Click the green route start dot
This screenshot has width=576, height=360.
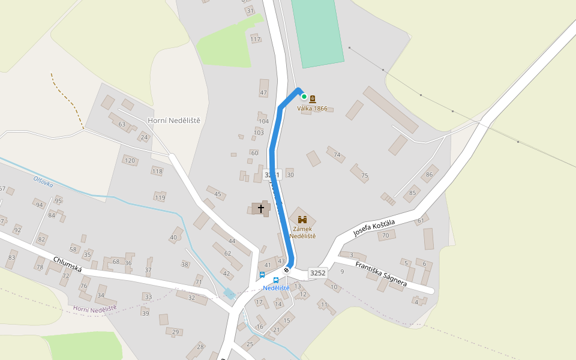point(304,97)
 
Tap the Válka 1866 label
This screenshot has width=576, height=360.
point(313,109)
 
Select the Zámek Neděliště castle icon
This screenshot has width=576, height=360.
point(302,220)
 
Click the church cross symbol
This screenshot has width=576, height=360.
point(261,208)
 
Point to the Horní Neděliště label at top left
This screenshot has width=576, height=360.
point(173,121)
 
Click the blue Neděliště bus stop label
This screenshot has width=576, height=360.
point(276,288)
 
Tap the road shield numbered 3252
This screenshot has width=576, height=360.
point(317,273)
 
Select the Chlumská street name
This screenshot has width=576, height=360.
point(67,265)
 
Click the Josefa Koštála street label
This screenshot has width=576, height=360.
point(374,228)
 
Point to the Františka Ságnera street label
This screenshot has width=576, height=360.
point(381,274)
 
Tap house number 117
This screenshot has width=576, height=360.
point(256,40)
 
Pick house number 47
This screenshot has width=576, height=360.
point(263,92)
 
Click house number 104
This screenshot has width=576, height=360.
point(263,121)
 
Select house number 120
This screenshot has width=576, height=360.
point(130,160)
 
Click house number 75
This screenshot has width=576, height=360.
point(364,176)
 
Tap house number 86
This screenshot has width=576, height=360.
point(428,175)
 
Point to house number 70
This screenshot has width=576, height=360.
point(386,235)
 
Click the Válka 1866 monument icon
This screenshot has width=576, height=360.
point(313,99)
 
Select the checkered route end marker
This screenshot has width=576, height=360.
point(287,271)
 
